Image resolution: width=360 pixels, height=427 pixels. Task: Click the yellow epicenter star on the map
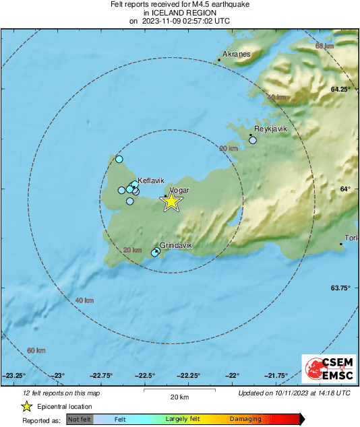click(x=171, y=201)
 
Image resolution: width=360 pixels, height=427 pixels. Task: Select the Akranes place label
click(x=236, y=55)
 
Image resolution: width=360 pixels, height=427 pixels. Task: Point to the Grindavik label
click(x=176, y=246)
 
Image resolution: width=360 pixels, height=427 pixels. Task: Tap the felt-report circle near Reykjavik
click(x=253, y=140)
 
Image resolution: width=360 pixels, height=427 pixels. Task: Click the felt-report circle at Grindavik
click(x=156, y=252)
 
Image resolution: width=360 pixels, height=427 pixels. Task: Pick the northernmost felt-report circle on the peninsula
click(x=119, y=160)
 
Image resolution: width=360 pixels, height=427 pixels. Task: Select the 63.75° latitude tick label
click(x=340, y=288)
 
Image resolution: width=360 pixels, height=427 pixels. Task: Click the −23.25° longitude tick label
click(x=15, y=376)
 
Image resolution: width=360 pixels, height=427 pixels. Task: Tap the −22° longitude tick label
click(x=233, y=376)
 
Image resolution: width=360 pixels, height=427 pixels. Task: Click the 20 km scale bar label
click(x=177, y=397)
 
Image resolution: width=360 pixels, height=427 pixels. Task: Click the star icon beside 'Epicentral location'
click(x=27, y=406)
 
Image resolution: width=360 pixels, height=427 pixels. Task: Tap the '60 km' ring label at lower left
click(x=36, y=351)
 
